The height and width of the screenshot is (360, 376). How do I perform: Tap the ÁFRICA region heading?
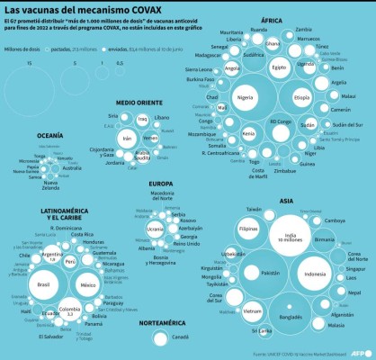272,19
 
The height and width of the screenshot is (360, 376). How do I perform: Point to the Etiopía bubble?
301,96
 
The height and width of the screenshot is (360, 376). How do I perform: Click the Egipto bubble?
279,67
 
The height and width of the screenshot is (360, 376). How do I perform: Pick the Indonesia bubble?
314,274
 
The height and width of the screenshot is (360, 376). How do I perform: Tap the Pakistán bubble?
270,272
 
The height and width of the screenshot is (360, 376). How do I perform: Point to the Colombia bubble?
66,310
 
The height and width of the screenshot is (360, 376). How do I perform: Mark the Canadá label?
179,337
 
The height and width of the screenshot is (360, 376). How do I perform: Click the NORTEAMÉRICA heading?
157,321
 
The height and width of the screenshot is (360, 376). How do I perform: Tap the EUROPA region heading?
161,183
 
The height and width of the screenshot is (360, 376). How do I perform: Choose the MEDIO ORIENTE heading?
139,103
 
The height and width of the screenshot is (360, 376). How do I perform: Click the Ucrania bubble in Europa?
155,229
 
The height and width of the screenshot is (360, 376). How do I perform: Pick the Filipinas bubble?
248,230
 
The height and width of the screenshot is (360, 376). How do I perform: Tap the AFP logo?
359,352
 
